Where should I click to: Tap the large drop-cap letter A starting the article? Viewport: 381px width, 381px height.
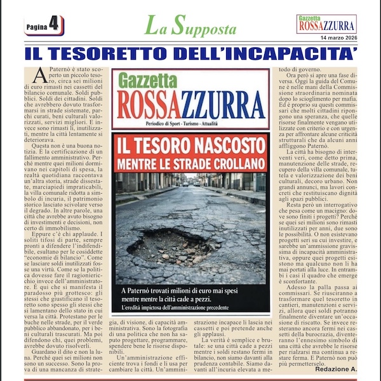pyautogui.click(x=41, y=77)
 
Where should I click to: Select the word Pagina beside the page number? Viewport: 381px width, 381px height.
pyautogui.click(x=36, y=26)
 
